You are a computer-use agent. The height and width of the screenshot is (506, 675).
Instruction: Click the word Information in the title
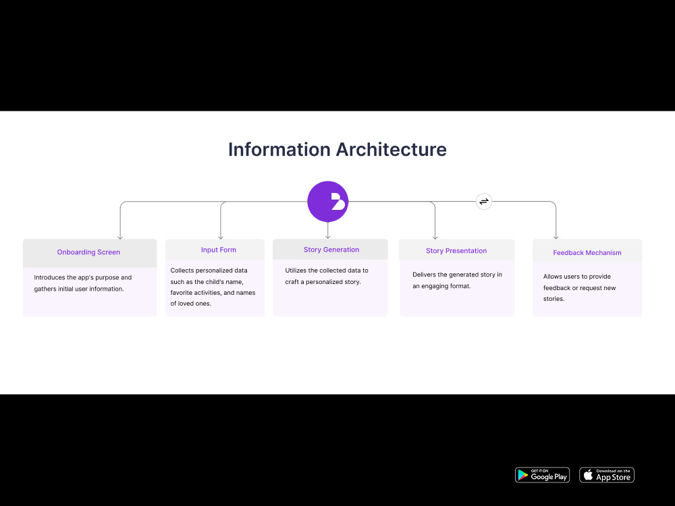[x=279, y=149]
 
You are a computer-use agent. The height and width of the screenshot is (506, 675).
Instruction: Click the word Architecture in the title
[x=391, y=149]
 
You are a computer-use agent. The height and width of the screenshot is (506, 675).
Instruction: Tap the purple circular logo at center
[x=327, y=201]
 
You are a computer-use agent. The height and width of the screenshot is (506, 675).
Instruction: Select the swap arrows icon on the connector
[x=484, y=201]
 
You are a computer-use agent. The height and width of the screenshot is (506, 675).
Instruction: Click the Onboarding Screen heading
[x=88, y=252]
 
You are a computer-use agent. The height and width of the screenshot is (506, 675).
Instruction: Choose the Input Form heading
[x=219, y=250]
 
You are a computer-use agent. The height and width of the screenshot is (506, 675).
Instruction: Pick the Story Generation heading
[x=331, y=250]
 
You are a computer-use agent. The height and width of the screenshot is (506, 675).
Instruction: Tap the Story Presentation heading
[x=456, y=251]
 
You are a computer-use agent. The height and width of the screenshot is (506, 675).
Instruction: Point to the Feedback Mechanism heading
[x=587, y=252]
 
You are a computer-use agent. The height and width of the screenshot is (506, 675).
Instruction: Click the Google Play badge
[x=543, y=475]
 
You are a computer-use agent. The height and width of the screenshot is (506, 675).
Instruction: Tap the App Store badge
[x=607, y=475]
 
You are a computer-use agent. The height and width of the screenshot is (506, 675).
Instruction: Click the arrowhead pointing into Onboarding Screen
[x=120, y=237]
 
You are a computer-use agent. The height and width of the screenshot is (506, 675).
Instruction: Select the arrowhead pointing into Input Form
[x=221, y=237]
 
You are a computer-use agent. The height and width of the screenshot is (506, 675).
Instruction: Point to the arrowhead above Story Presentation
[x=435, y=237]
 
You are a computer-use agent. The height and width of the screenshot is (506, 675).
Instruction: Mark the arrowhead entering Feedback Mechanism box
[x=556, y=237]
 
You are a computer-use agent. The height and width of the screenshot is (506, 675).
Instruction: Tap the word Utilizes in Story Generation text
[x=296, y=271]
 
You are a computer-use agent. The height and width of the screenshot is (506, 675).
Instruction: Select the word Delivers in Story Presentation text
[x=424, y=275]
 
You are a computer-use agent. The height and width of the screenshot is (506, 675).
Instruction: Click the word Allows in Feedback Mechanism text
[x=553, y=277]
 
